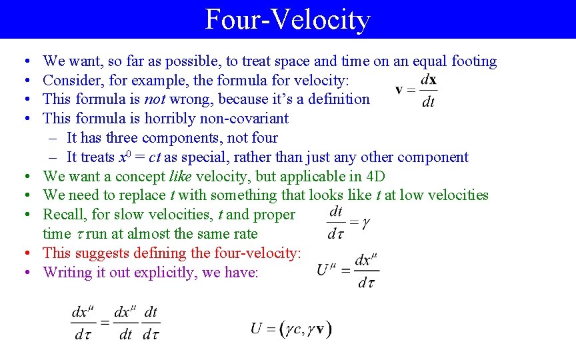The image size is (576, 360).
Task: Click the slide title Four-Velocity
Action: [x=287, y=19]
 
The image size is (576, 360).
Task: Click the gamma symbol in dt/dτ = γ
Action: [x=365, y=223]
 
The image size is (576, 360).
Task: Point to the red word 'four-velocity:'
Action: [x=257, y=253]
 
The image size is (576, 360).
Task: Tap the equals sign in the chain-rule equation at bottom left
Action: [x=104, y=323]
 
